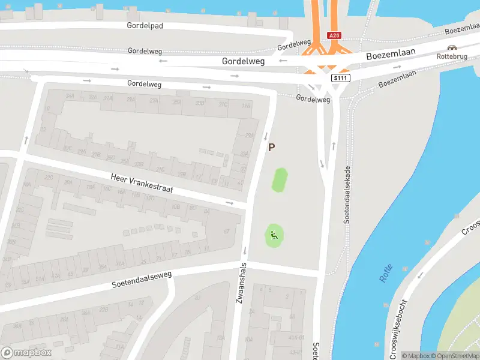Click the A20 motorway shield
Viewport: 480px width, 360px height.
(x=334, y=36)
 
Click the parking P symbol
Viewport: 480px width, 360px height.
(x=271, y=147)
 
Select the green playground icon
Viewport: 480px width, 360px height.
(x=274, y=235)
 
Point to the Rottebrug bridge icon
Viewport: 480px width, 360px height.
(x=452, y=47)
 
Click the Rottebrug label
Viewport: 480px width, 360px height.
(x=452, y=56)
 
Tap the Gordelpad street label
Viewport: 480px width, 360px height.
(x=145, y=26)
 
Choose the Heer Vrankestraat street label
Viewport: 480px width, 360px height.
(x=142, y=184)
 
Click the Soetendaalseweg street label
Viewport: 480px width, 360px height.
(x=142, y=279)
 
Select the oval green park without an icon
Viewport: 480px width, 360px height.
(x=280, y=180)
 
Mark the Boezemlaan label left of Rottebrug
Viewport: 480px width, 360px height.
(x=388, y=54)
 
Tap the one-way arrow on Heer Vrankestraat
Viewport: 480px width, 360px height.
(x=229, y=203)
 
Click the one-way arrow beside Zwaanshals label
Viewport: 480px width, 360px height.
(x=245, y=250)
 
